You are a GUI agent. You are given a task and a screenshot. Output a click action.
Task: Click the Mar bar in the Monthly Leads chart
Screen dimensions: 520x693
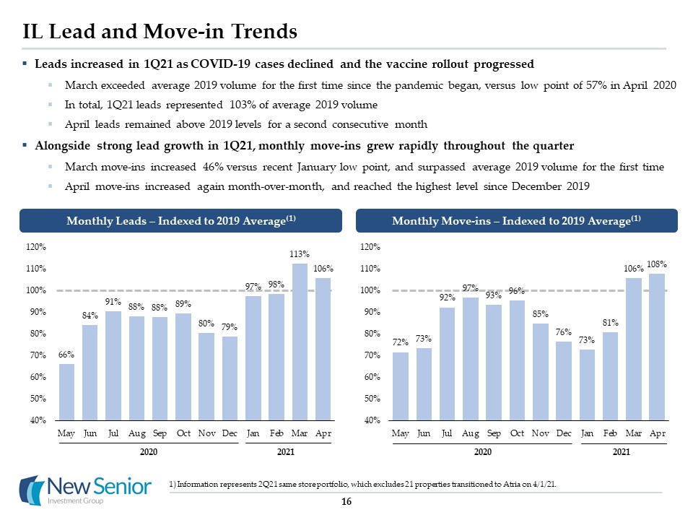tap(300, 342)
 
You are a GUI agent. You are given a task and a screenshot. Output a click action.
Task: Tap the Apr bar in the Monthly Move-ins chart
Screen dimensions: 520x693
tap(657, 347)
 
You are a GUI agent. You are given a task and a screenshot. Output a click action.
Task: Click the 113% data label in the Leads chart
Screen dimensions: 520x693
tap(300, 254)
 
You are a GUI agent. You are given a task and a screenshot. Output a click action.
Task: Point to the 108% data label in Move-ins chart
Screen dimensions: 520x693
tap(657, 264)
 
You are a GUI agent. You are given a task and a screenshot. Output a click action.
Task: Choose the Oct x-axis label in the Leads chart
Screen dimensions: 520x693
tap(183, 433)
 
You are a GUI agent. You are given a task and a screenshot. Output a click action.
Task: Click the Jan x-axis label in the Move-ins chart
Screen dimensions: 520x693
tap(587, 433)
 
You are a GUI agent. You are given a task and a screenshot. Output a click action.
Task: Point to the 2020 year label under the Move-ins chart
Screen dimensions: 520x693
tap(482, 452)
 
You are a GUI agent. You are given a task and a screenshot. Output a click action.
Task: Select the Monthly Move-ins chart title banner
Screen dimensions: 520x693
tap(516, 221)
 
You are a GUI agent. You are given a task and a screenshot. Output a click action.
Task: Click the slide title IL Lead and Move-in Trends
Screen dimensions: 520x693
tap(160, 31)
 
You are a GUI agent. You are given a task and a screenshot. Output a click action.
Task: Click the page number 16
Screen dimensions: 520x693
tap(346, 503)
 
